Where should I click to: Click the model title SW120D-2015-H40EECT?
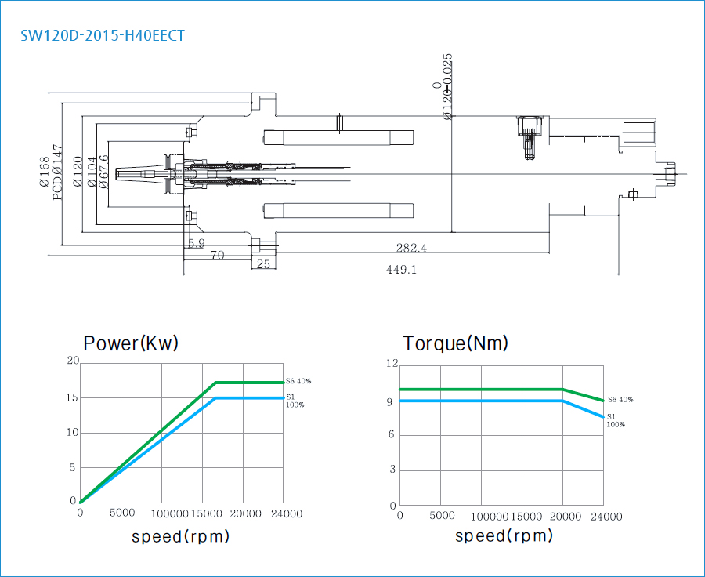[103, 35]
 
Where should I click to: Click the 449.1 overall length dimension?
[400, 269]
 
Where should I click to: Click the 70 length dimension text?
[217, 255]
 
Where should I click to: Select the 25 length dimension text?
[263, 264]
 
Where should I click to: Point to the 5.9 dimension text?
[196, 244]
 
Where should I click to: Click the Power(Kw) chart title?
[131, 343]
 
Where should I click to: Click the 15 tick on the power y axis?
[73, 397]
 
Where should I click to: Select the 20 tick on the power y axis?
[73, 361]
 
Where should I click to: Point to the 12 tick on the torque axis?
[392, 363]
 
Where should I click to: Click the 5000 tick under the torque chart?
[443, 516]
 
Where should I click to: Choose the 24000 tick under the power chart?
[286, 513]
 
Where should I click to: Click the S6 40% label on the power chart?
[298, 381]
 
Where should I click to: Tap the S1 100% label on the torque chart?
[616, 421]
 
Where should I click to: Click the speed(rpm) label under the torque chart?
[504, 536]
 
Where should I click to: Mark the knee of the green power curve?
[215, 383]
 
